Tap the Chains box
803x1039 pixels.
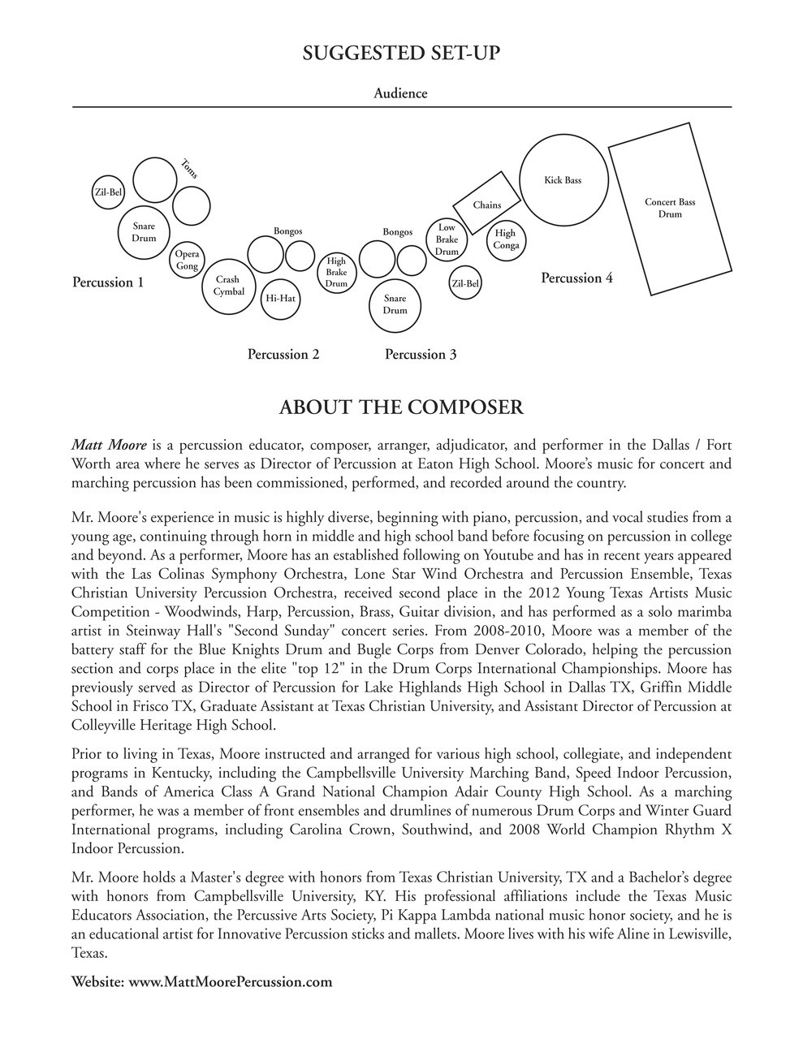(487, 204)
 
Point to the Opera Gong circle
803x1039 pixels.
(187, 260)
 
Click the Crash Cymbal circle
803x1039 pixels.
(228, 286)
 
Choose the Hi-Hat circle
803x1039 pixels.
(280, 299)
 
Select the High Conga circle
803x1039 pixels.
(505, 239)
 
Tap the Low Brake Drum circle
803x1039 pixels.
(447, 239)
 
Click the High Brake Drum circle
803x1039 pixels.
(336, 273)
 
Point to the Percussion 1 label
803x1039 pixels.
(108, 282)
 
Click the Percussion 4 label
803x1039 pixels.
(576, 278)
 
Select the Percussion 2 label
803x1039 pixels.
(283, 354)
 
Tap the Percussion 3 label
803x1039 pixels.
(420, 354)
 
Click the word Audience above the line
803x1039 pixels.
(400, 93)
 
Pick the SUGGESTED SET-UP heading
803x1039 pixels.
(401, 54)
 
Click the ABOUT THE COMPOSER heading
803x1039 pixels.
(401, 407)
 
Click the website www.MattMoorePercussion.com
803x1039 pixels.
(231, 981)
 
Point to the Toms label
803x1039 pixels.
(189, 168)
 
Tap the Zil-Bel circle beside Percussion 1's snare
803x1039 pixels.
(109, 192)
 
